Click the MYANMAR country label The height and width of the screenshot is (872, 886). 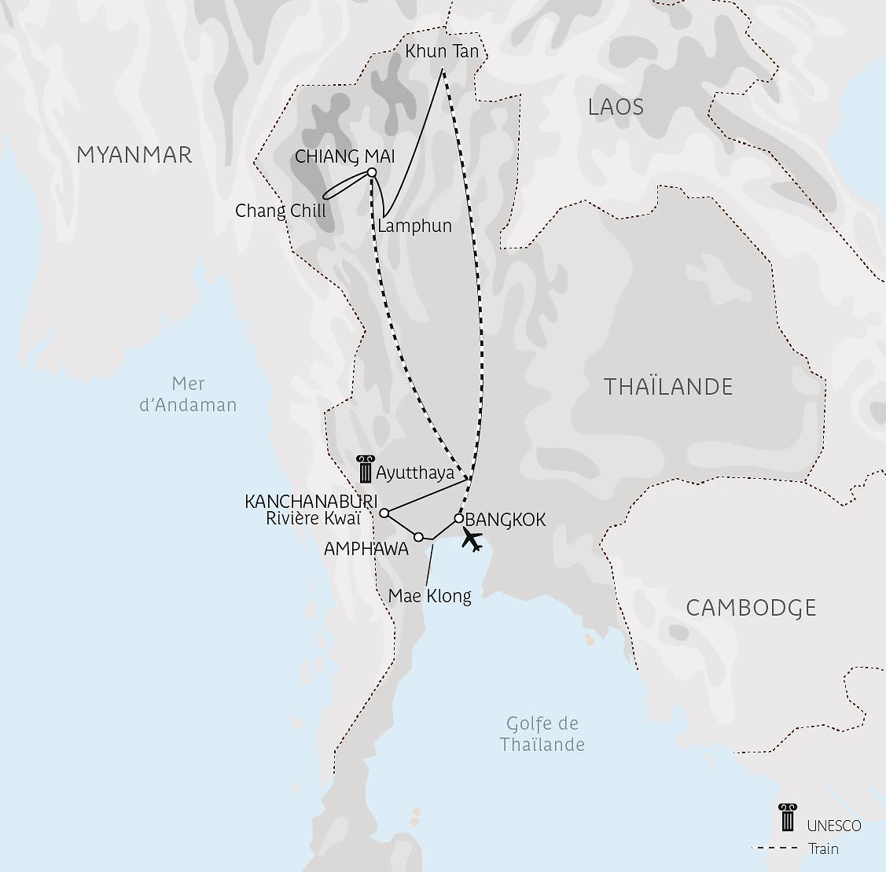pyautogui.click(x=134, y=155)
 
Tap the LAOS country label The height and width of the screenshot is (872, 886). pyautogui.click(x=616, y=107)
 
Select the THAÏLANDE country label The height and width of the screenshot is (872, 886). pyautogui.click(x=667, y=387)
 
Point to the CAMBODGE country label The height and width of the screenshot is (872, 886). pyautogui.click(x=751, y=608)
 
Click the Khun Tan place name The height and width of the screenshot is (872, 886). pyautogui.click(x=442, y=52)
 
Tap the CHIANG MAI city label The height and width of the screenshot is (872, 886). pyautogui.click(x=344, y=156)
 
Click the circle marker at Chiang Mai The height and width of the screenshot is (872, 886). pyautogui.click(x=372, y=173)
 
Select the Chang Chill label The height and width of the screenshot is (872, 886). pyautogui.click(x=281, y=211)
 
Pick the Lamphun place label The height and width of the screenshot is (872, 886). pyautogui.click(x=415, y=226)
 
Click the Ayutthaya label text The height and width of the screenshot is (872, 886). pyautogui.click(x=415, y=473)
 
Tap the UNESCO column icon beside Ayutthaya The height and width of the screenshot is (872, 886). pyautogui.click(x=364, y=469)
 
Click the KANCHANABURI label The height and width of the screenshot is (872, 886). pyautogui.click(x=311, y=502)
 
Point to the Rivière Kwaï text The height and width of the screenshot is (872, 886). pyautogui.click(x=314, y=518)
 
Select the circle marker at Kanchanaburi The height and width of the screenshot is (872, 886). pyautogui.click(x=384, y=513)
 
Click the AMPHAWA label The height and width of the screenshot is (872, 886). pyautogui.click(x=366, y=550)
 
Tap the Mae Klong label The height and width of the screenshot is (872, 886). pyautogui.click(x=430, y=596)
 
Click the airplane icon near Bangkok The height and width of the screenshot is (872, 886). pyautogui.click(x=472, y=539)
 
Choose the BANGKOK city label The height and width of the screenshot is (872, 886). pyautogui.click(x=505, y=520)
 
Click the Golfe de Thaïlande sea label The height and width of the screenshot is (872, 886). pyautogui.click(x=542, y=734)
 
